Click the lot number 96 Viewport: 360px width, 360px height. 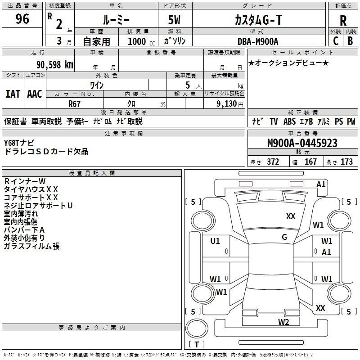tap(22, 18)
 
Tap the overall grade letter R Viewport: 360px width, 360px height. tap(343, 21)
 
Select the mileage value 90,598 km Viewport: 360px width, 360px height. tap(55, 65)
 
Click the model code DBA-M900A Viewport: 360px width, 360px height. tap(258, 41)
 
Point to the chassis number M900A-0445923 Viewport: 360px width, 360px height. tap(302, 143)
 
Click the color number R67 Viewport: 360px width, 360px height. tap(74, 104)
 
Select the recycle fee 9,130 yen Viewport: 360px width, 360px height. tap(230, 104)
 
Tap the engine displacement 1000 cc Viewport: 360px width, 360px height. tap(141, 41)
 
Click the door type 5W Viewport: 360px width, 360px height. tap(174, 20)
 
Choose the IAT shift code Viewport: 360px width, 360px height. tap(13, 94)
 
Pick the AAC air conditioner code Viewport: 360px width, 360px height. tap(35, 94)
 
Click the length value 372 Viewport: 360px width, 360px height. tap(273, 162)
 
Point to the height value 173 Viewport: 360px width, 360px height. tap(346, 162)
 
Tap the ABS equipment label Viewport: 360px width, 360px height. tap(289, 121)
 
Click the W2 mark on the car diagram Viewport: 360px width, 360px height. tap(283, 322)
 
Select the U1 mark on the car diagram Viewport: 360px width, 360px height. tap(215, 241)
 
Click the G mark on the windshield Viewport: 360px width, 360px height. tap(284, 237)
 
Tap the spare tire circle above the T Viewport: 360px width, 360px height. tap(197, 328)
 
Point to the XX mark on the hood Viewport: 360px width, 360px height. tap(291, 216)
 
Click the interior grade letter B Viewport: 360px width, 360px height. tap(350, 41)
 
